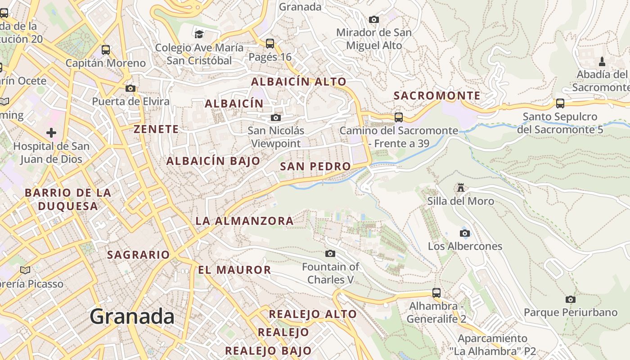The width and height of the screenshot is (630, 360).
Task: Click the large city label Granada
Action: point(132,316)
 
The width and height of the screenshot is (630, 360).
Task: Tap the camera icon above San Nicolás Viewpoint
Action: point(276,118)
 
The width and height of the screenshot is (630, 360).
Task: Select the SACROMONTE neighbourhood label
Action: point(437,95)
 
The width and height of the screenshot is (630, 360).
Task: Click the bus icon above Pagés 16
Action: point(270,44)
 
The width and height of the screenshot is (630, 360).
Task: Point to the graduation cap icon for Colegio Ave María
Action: point(199,33)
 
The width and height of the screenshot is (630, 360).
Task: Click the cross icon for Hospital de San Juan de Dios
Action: point(51,133)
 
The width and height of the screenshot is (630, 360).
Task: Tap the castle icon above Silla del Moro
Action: point(460,187)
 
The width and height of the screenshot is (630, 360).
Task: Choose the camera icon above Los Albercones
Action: point(465,233)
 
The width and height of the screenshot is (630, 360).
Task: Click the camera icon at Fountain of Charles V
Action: point(330,254)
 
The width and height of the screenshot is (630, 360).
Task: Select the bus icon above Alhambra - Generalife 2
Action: point(436,293)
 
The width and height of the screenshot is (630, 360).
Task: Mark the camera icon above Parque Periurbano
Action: point(570,299)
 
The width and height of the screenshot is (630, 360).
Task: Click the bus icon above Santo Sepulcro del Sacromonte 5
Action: point(560,103)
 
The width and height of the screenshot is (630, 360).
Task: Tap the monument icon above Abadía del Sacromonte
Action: point(602,61)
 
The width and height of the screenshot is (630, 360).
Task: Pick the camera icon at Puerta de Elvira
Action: point(130,88)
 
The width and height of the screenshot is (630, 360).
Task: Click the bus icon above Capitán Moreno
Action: point(106,50)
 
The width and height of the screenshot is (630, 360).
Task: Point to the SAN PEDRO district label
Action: point(315,166)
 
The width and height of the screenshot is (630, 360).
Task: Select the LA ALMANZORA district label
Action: point(244,221)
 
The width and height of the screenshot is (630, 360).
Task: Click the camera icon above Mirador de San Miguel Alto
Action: point(373,19)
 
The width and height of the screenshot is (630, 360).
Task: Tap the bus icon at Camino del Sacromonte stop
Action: point(399,117)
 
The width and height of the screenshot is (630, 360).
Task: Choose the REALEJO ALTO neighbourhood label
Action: point(313,314)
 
